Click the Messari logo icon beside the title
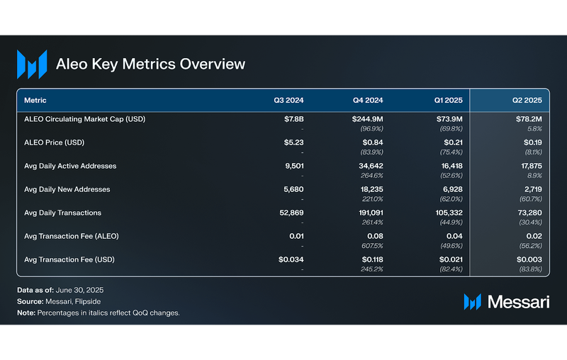coord(32,64)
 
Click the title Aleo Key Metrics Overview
coord(150,64)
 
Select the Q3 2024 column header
coord(288,100)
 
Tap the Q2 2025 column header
coord(527,100)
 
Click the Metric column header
coord(35,100)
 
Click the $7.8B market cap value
coord(293,119)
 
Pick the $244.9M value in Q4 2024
coord(367,119)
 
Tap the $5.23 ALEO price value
coord(293,142)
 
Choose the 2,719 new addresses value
coord(531,189)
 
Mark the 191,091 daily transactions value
coord(368,213)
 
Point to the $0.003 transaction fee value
coord(529,259)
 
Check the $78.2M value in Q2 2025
coord(527,119)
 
